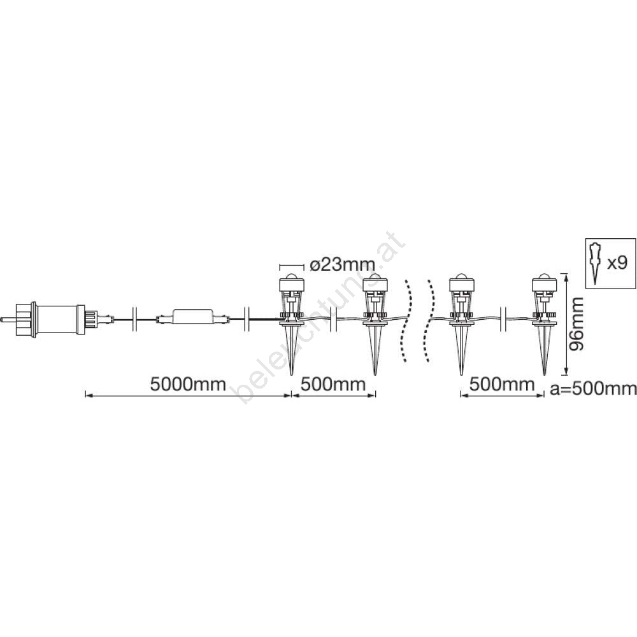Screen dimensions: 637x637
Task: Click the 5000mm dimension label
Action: [188, 384]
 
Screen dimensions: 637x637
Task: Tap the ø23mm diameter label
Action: [343, 265]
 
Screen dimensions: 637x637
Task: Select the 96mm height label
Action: [576, 324]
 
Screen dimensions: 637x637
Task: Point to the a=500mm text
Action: [593, 389]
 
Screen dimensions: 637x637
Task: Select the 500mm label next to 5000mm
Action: [333, 384]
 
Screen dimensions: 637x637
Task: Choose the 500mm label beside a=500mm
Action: [502, 384]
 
